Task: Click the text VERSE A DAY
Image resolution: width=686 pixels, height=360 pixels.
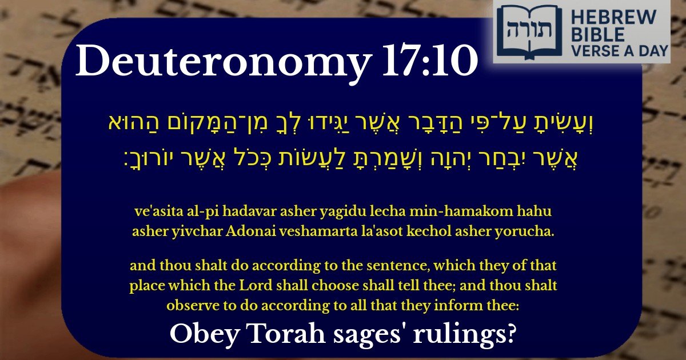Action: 620,51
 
